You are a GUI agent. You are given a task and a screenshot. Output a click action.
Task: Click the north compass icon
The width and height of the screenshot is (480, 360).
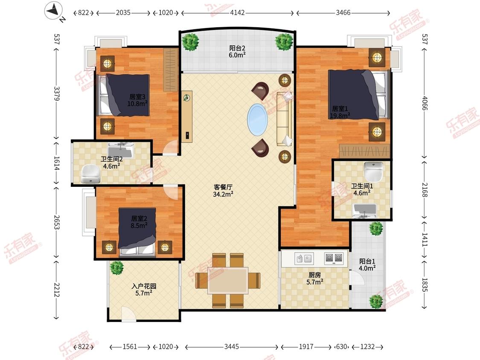(x=54, y=11)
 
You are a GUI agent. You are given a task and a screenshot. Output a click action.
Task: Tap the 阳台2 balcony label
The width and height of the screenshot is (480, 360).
(x=237, y=48)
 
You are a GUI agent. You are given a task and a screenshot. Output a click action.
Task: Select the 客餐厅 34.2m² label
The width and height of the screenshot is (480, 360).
(x=223, y=190)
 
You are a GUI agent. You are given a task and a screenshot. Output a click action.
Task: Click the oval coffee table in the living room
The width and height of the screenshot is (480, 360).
(x=257, y=120)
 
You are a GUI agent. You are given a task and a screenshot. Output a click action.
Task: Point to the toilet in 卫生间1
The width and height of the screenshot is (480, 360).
(x=373, y=171)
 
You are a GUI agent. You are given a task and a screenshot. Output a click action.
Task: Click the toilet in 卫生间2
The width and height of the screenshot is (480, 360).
(x=90, y=174)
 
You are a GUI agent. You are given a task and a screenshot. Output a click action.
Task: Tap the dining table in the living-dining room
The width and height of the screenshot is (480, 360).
(x=228, y=280)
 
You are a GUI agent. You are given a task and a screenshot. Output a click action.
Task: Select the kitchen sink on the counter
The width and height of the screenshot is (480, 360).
(x=303, y=259)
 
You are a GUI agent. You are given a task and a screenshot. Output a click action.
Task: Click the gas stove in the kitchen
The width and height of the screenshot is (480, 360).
(x=334, y=258)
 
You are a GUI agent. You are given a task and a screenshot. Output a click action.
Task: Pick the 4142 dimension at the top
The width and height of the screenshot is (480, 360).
(x=237, y=12)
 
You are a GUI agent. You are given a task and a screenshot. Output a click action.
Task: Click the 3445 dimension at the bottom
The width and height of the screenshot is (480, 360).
(x=231, y=346)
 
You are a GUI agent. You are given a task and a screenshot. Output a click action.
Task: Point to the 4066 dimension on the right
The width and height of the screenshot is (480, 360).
(x=424, y=103)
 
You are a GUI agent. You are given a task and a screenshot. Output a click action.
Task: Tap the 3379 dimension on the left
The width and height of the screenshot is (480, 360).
(x=57, y=94)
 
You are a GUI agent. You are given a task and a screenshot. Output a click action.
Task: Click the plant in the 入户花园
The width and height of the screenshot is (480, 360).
(x=116, y=268)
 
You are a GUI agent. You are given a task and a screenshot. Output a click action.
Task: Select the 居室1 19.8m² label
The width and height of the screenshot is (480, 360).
(x=340, y=112)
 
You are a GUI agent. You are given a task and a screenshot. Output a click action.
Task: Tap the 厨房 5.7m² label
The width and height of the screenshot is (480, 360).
(x=315, y=278)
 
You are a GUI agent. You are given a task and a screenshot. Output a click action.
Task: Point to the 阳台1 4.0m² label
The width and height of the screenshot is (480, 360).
(x=367, y=265)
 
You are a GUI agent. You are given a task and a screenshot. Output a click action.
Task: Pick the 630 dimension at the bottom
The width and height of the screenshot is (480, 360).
(x=341, y=346)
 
